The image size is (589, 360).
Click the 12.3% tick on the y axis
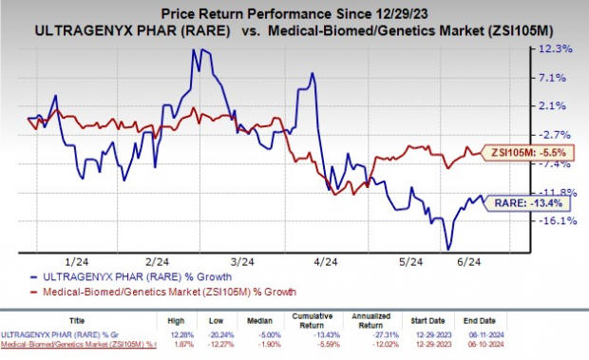click(x=556, y=48)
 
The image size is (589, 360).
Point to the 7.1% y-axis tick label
click(x=557, y=77)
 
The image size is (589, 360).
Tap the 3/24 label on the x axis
click(x=241, y=261)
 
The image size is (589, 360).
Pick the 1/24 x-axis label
click(x=69, y=261)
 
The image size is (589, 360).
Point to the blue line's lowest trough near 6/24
click(x=447, y=249)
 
